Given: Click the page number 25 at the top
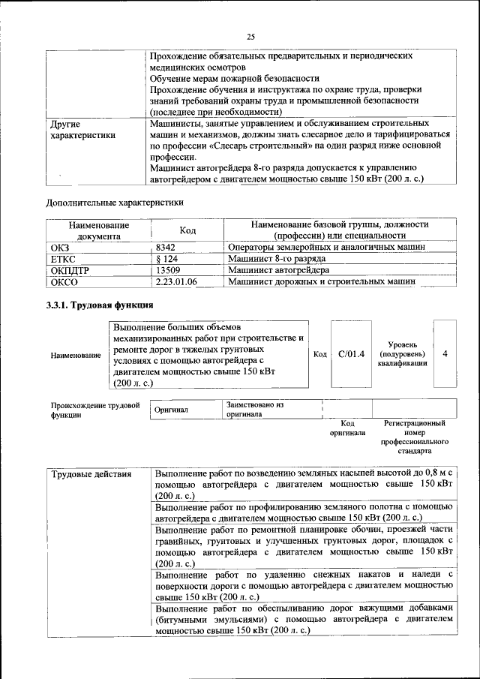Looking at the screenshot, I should (x=251, y=36).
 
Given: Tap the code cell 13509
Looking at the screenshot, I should (x=168, y=270).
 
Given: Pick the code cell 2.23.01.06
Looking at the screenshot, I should (x=176, y=281).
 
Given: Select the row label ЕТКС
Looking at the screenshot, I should (x=63, y=259).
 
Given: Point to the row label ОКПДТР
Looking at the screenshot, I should (x=70, y=270).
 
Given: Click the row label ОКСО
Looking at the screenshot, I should (x=64, y=281).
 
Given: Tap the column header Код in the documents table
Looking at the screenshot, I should (x=187, y=230).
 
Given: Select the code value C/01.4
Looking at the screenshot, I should (x=351, y=354).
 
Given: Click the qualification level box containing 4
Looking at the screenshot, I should (x=445, y=354).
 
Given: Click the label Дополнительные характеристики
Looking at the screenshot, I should (x=115, y=203).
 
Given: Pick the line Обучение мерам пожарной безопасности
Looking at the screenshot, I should (x=235, y=78).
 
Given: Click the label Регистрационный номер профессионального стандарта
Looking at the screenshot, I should (x=414, y=438).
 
